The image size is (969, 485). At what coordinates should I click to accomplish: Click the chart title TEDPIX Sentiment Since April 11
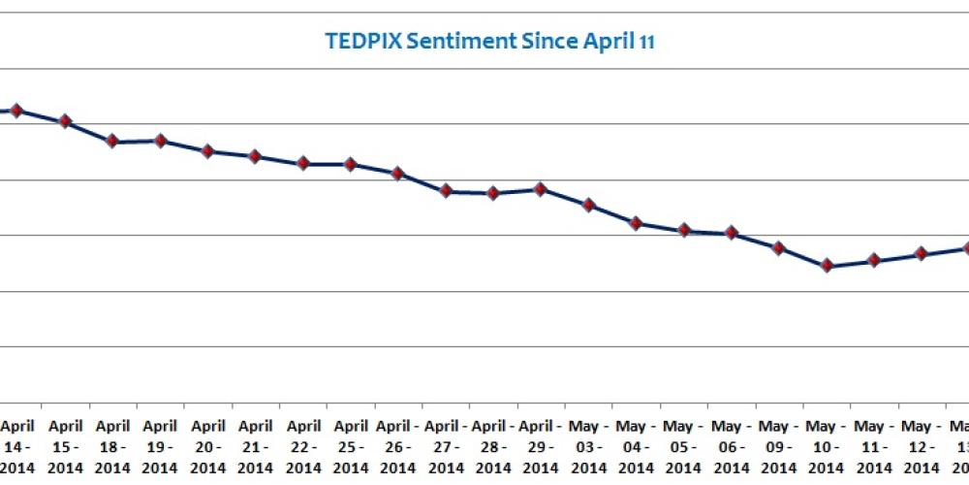tap(488, 42)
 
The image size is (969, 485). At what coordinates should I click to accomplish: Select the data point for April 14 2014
tap(16, 111)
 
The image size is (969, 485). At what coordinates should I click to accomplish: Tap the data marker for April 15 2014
tap(65, 121)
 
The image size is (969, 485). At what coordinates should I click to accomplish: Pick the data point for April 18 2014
tap(112, 142)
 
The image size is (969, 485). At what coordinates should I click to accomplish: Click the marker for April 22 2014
tap(303, 164)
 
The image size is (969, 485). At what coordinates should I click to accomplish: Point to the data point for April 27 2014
tap(446, 191)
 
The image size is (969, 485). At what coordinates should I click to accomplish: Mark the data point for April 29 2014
tap(541, 189)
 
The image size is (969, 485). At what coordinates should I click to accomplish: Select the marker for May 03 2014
tap(588, 205)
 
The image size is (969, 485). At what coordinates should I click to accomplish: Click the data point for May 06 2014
tap(732, 233)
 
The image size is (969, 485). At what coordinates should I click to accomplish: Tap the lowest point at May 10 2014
tap(827, 266)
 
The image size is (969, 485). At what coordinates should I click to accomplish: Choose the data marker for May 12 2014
tap(922, 254)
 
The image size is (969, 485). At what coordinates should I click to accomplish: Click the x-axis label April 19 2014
tap(160, 446)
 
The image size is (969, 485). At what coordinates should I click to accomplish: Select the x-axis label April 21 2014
tap(255, 446)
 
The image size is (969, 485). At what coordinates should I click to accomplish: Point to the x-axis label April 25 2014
tap(351, 446)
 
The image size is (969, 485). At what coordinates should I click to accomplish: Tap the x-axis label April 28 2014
tap(493, 446)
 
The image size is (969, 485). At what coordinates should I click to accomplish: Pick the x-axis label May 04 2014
tap(636, 446)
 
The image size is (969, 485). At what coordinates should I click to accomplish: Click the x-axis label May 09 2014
tap(778, 446)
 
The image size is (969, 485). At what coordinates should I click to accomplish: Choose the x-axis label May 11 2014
tap(873, 446)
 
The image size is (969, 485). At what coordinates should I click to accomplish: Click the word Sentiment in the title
tap(469, 42)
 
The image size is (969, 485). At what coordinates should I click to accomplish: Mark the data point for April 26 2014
tap(398, 173)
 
